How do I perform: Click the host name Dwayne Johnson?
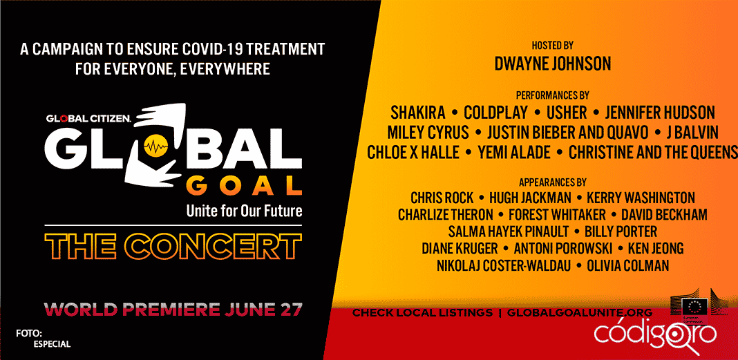pos(553,64)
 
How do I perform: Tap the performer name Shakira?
pos(418,113)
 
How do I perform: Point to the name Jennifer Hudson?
pos(660,113)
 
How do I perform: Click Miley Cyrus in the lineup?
pos(428,133)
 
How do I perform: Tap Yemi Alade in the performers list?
pos(514,153)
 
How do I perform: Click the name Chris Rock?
pos(442,198)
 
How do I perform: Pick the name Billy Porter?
pos(621,232)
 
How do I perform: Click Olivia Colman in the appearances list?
pos(628,266)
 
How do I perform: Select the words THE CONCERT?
pos(173,246)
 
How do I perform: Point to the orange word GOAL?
pos(247,186)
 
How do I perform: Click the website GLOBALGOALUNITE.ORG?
pos(580,312)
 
